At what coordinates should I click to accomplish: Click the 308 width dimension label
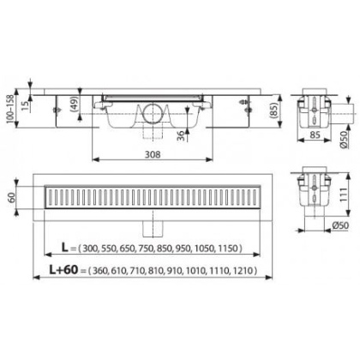coord(153,154)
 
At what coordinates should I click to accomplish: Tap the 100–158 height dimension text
coord(10,109)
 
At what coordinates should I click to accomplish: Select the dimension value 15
coord(25,106)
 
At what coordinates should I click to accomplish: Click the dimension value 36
coord(181,135)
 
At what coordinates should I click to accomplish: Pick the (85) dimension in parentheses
coord(273,111)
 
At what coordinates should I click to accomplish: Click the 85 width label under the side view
coord(315,135)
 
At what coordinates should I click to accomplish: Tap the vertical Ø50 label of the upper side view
coord(344,139)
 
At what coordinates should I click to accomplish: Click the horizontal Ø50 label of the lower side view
coord(340,225)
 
